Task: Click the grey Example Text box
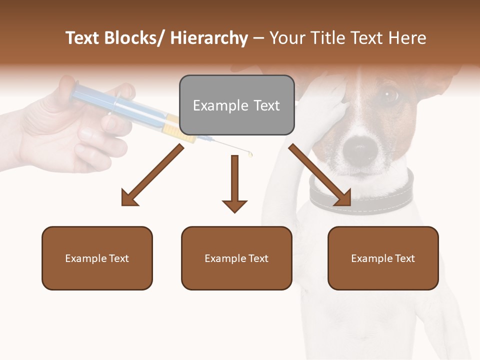(236, 105)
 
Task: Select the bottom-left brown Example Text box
(97, 258)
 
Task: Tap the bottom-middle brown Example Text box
(236, 258)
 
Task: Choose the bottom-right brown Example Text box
(383, 258)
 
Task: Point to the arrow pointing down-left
(152, 175)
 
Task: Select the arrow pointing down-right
(320, 175)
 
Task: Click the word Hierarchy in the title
(209, 38)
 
